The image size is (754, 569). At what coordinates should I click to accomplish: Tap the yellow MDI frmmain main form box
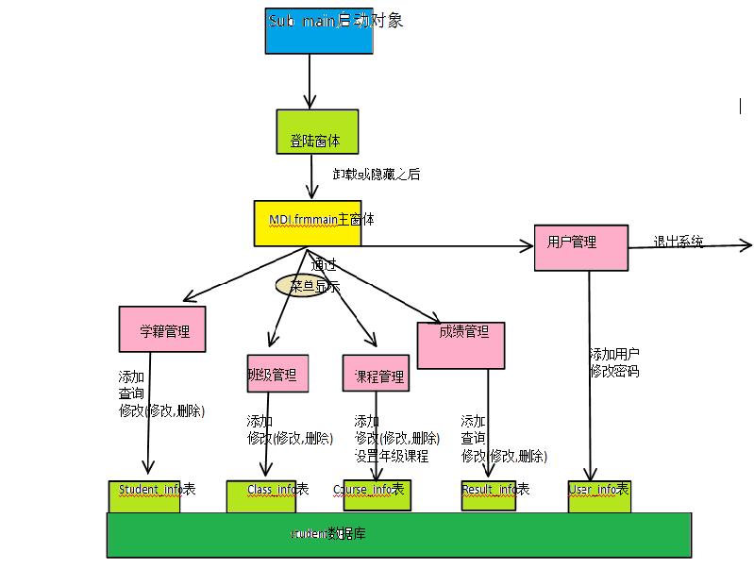308,223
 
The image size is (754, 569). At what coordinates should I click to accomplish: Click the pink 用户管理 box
580,247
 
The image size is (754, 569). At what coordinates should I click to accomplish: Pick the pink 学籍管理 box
162,329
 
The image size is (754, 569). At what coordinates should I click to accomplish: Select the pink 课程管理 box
376,373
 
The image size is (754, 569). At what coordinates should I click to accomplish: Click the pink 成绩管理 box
461,344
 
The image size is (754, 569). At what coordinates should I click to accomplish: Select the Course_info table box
376,495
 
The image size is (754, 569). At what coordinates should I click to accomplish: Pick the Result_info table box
489,495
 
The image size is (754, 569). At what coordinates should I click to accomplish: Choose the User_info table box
598,495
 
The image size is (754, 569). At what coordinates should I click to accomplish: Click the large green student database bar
398,535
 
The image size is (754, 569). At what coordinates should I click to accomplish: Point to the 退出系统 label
679,242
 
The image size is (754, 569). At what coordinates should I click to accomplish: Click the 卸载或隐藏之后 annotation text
377,175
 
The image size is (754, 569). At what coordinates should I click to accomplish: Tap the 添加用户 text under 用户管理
614,355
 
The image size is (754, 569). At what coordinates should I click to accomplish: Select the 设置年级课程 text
392,456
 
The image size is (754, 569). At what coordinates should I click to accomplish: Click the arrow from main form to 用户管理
444,247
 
